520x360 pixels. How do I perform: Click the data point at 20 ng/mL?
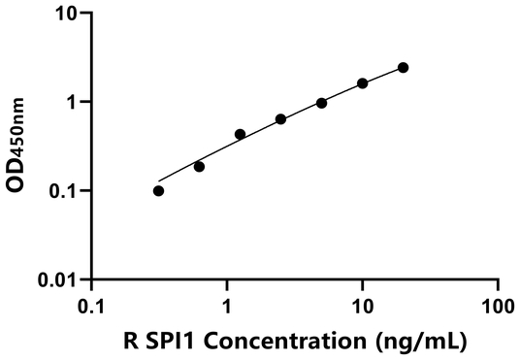coord(403,67)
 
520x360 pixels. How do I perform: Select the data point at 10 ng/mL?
coord(362,83)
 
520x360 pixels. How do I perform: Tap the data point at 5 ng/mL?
coord(321,103)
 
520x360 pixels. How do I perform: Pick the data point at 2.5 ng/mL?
coord(280,119)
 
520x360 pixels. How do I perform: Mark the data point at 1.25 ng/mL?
coord(240,134)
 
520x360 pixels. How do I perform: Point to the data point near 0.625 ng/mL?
coord(199,166)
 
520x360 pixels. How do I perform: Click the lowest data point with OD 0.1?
coord(158,190)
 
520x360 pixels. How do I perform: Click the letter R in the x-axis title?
coord(130,341)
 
